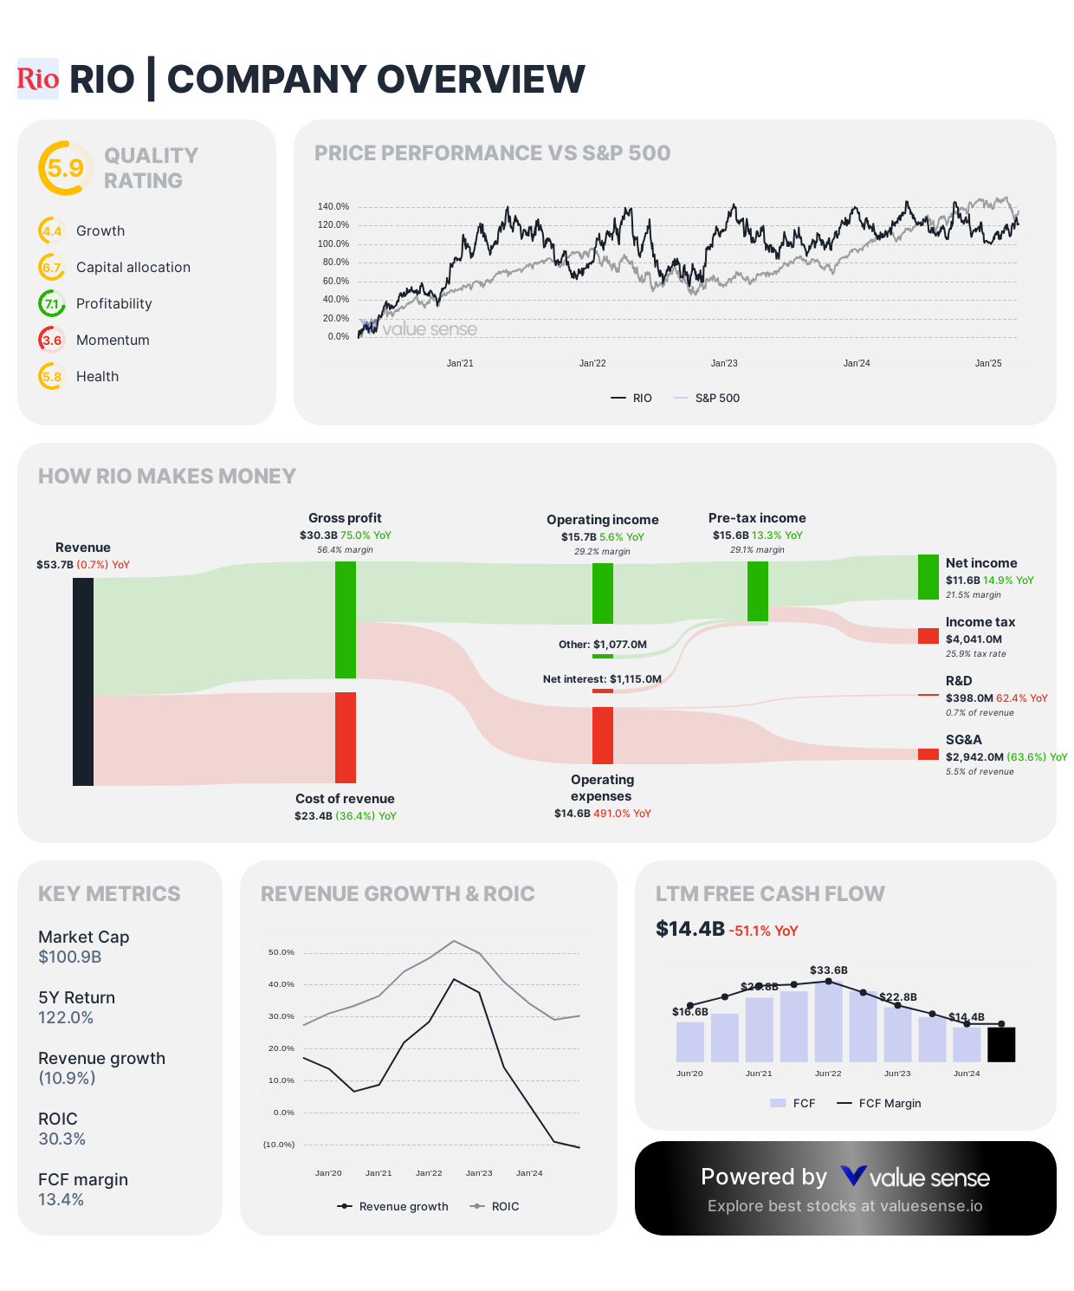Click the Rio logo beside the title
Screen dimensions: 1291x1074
(38, 79)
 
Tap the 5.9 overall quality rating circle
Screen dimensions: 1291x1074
(65, 168)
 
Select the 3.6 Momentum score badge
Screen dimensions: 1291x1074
(52, 340)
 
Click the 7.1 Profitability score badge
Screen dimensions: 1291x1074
(52, 303)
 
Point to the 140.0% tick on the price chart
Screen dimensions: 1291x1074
(333, 206)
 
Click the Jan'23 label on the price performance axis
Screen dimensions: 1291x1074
(724, 363)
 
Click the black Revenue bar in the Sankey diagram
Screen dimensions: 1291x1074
(83, 681)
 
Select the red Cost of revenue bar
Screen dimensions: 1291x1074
(346, 737)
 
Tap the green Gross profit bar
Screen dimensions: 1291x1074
(346, 620)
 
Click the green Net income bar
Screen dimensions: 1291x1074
(928, 577)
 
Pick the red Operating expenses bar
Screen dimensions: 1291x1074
(603, 735)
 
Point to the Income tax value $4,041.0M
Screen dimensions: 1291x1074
(974, 639)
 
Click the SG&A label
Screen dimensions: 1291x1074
(963, 740)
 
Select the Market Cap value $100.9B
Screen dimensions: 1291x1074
(70, 957)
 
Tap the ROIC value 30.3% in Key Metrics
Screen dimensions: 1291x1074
(61, 1139)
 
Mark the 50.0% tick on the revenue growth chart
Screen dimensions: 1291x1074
(281, 952)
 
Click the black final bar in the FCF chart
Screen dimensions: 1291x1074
(1001, 1044)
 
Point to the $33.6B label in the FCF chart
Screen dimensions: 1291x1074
(829, 970)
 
